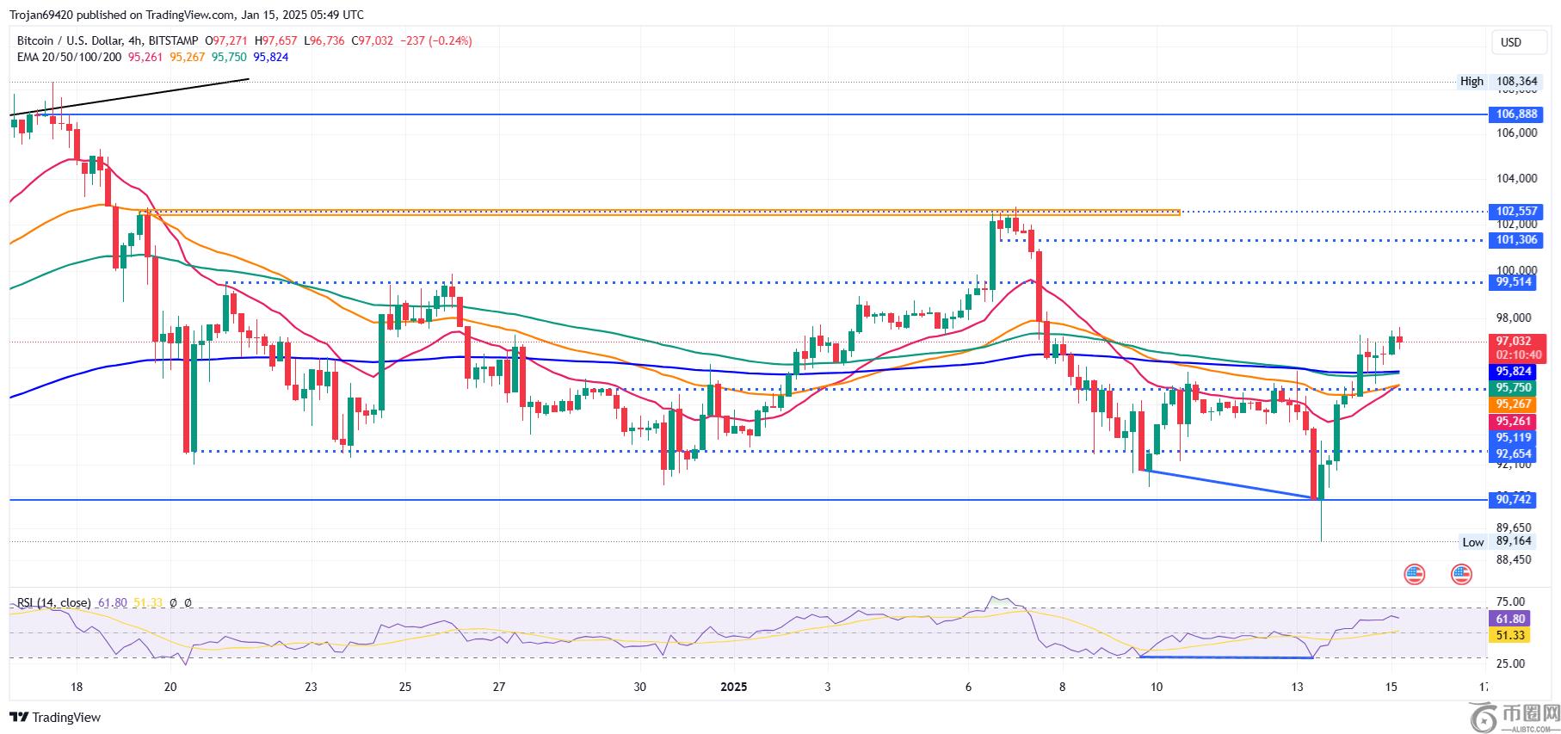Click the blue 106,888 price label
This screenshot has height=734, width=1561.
click(1516, 114)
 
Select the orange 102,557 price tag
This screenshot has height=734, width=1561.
click(1516, 212)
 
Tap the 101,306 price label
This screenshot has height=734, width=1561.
click(1516, 240)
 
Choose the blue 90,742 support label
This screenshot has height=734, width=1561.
click(1514, 499)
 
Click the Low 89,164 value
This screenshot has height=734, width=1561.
click(1514, 541)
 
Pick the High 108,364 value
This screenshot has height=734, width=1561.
click(1516, 82)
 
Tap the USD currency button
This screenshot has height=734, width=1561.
click(1510, 42)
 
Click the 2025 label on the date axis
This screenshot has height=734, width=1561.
click(733, 687)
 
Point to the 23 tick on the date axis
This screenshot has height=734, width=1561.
click(311, 687)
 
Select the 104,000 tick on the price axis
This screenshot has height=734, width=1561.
click(1516, 179)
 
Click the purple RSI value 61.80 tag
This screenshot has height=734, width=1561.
click(1510, 619)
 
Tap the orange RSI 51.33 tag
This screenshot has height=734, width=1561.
click(1510, 635)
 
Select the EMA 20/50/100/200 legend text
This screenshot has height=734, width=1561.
click(69, 57)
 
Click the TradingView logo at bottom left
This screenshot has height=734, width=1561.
click(55, 717)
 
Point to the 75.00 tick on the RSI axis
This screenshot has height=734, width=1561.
click(1511, 601)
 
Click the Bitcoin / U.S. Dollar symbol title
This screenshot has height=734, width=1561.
click(79, 40)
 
